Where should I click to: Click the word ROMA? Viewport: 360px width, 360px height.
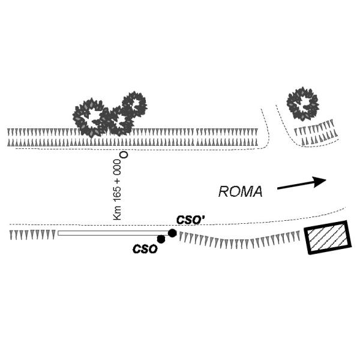coord(241,191)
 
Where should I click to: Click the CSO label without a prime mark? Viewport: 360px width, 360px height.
coord(145,248)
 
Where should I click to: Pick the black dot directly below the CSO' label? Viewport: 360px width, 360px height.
coord(172,233)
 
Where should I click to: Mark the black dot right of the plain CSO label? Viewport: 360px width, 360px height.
coord(161,239)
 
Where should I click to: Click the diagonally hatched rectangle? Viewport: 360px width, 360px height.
coord(327,238)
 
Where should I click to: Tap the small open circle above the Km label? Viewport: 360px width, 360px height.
coord(124,155)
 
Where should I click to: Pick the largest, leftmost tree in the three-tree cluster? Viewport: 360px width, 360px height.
coord(89,118)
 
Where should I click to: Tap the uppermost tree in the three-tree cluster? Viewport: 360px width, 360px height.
coord(133,105)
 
